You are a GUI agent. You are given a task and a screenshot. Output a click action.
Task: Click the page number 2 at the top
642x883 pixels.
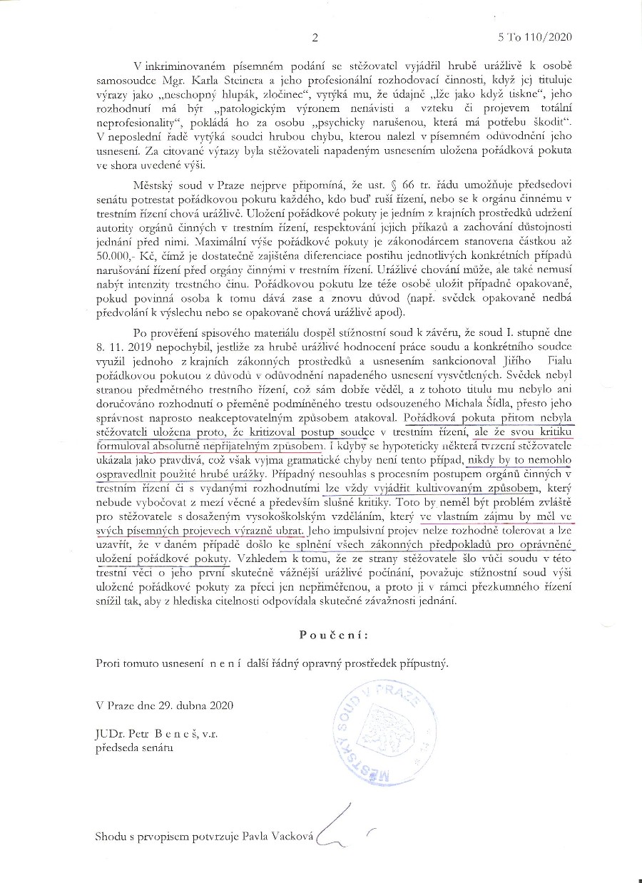pos(315,37)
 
